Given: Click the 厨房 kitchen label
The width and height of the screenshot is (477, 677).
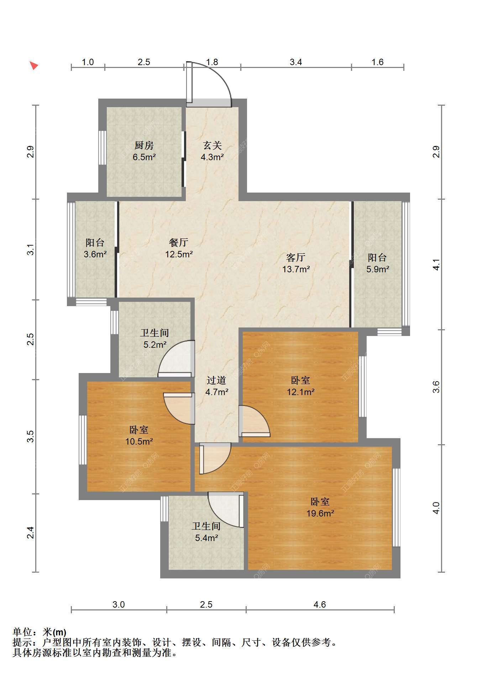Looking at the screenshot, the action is pyautogui.click(x=144, y=145).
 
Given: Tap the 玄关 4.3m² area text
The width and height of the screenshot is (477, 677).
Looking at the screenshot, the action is pyautogui.click(x=212, y=157).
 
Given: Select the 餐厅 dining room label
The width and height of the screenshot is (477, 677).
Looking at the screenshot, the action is pyautogui.click(x=179, y=242).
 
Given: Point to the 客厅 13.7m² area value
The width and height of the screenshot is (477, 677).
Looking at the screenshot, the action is pyautogui.click(x=296, y=269).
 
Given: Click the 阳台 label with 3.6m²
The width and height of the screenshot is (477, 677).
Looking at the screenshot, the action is pyautogui.click(x=95, y=242).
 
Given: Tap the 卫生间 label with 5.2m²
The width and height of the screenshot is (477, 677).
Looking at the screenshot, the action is pyautogui.click(x=154, y=333).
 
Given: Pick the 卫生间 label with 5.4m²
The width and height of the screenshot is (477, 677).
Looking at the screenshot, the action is pyautogui.click(x=206, y=526).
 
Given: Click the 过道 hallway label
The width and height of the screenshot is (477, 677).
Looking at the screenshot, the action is pyautogui.click(x=216, y=380).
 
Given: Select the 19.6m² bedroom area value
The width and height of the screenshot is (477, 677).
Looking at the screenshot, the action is pyautogui.click(x=320, y=513).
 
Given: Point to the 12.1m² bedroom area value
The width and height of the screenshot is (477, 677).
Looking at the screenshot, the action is pyautogui.click(x=301, y=392).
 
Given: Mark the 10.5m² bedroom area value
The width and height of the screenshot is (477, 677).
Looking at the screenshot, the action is pyautogui.click(x=139, y=441).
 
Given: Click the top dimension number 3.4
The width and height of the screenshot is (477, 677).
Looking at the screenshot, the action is pyautogui.click(x=296, y=62).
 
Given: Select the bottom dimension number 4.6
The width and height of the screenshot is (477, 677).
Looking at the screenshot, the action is pyautogui.click(x=320, y=604).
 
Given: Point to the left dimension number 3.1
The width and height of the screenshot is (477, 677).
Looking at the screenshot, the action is pyautogui.click(x=31, y=249).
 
